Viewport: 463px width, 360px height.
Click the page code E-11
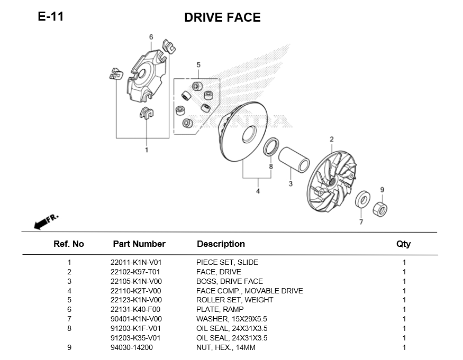[x=51, y=16]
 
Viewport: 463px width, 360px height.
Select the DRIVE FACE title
[x=222, y=17]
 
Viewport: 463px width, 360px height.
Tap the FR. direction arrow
[x=46, y=221]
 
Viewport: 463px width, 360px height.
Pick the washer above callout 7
[x=362, y=200]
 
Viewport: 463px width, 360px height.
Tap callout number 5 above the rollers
[x=198, y=65]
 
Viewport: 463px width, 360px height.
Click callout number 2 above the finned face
[x=332, y=140]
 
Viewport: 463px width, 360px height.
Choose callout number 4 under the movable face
[x=258, y=191]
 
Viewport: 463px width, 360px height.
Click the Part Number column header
[x=139, y=244]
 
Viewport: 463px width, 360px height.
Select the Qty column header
[x=403, y=244]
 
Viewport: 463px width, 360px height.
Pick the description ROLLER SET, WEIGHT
[x=235, y=300]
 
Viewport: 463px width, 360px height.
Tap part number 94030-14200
[x=131, y=347]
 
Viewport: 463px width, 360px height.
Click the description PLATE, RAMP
[x=220, y=309]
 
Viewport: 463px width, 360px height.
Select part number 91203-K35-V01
[x=136, y=338]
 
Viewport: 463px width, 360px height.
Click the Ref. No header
[x=69, y=244]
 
